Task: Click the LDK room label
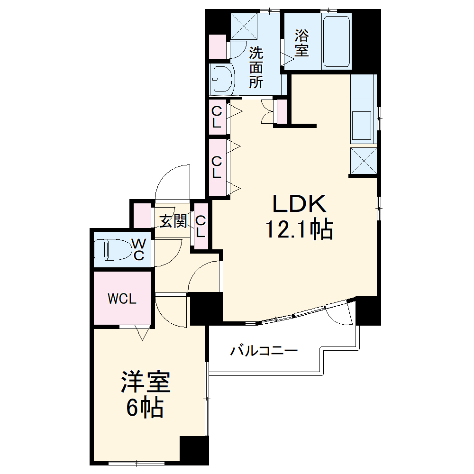pyautogui.click(x=299, y=204)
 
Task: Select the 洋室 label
pyautogui.click(x=145, y=383)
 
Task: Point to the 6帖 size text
pyautogui.click(x=145, y=408)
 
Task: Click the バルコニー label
pyautogui.click(x=264, y=351)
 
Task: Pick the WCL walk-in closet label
pyautogui.click(x=122, y=299)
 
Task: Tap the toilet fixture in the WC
pyautogui.click(x=113, y=249)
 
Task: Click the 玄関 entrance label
pyautogui.click(x=173, y=221)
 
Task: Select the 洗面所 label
pyautogui.click(x=256, y=67)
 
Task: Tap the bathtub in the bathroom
pyautogui.click(x=337, y=42)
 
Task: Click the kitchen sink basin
pyautogui.click(x=363, y=126)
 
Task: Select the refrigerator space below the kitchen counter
pyautogui.click(x=364, y=161)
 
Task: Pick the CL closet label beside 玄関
pyautogui.click(x=201, y=227)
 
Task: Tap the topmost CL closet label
pyautogui.click(x=217, y=117)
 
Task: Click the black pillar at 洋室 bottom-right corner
pyautogui.click(x=194, y=449)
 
